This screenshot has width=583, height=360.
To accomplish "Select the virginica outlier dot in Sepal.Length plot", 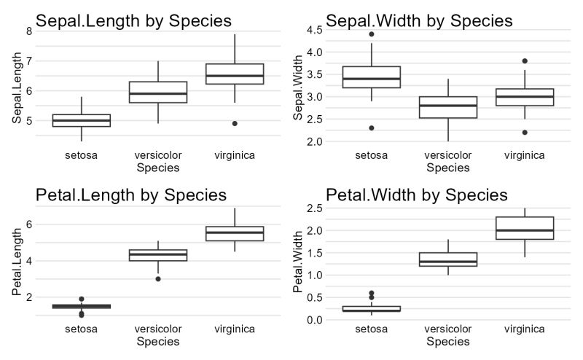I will point(235,123).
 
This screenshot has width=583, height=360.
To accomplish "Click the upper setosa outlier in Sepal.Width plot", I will point(372,34).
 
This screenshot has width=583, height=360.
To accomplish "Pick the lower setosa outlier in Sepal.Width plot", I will point(372,128).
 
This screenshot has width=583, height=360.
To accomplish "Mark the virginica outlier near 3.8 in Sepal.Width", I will point(525,61).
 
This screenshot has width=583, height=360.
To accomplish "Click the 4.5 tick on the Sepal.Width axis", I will point(313,30).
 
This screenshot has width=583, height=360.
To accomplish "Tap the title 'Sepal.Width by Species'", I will point(419,20).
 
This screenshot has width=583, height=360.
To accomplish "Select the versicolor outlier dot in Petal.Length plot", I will point(158,278).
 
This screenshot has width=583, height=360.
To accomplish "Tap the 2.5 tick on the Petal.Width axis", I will point(313,208).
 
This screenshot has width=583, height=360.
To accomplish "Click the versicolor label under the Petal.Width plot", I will point(448,329).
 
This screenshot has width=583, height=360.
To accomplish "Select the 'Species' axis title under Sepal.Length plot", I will point(158,168).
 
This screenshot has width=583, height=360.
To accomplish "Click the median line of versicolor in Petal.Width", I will point(448,262).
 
